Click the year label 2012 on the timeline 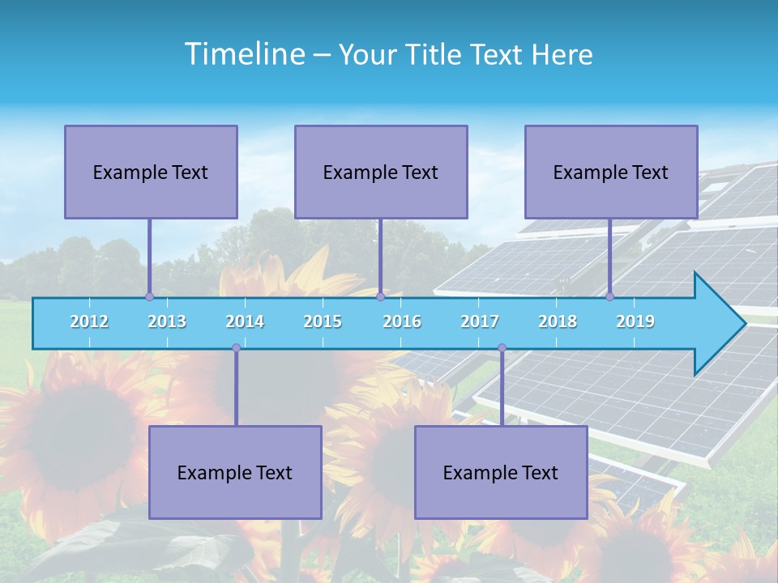coord(89,321)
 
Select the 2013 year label coord(167,321)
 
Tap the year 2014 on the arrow coord(245,321)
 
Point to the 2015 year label coord(323,321)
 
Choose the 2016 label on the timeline coord(402,321)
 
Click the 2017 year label coord(480,321)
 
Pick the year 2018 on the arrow coord(558,321)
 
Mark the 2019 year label coord(635,321)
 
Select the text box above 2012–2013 coord(151,172)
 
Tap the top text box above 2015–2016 coord(381,172)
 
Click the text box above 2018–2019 coord(611,172)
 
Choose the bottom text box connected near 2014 coord(235,472)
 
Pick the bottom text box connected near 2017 coord(501,472)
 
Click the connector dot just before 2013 coord(149,296)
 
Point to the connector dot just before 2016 coord(380,296)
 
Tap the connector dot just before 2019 coord(609,296)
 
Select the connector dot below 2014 coord(236,348)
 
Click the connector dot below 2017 coord(502,348)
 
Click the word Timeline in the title coord(243,53)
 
